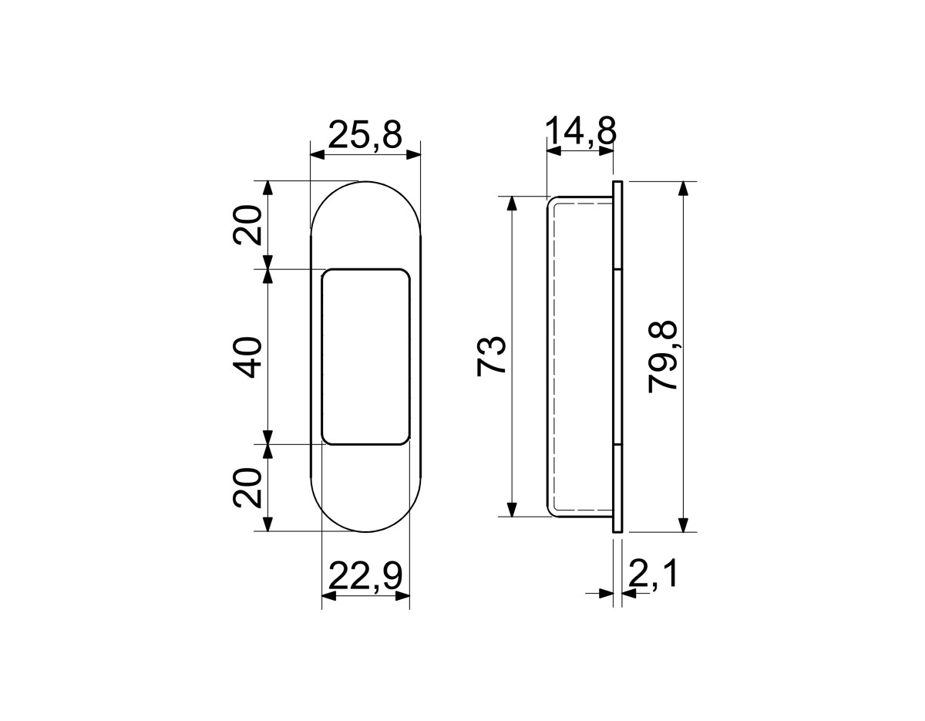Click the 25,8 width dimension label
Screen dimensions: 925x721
point(365,135)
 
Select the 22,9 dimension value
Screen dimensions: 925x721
point(365,577)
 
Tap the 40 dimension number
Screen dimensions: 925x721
point(247,357)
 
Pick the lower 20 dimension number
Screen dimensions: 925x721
point(247,487)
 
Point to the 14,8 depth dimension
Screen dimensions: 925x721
point(580,131)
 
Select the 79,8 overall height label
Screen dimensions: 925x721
point(662,357)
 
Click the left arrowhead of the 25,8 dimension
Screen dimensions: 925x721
point(318,155)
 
